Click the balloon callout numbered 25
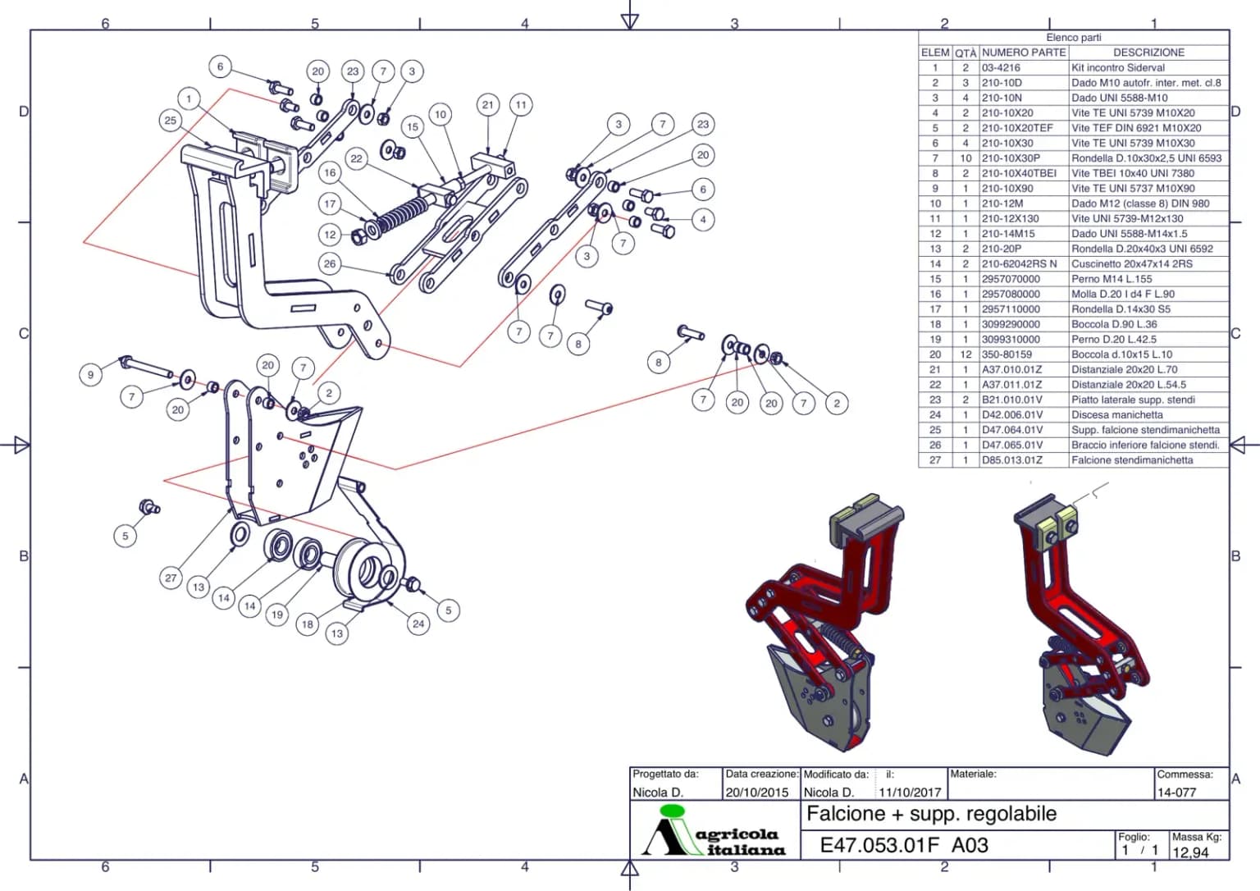(x=171, y=121)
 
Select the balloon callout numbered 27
(x=171, y=578)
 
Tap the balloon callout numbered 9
(x=90, y=375)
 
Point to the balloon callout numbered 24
(x=418, y=624)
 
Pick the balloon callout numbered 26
(x=330, y=264)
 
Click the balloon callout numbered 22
(x=357, y=158)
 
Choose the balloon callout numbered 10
(x=441, y=115)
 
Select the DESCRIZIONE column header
(x=1148, y=53)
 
